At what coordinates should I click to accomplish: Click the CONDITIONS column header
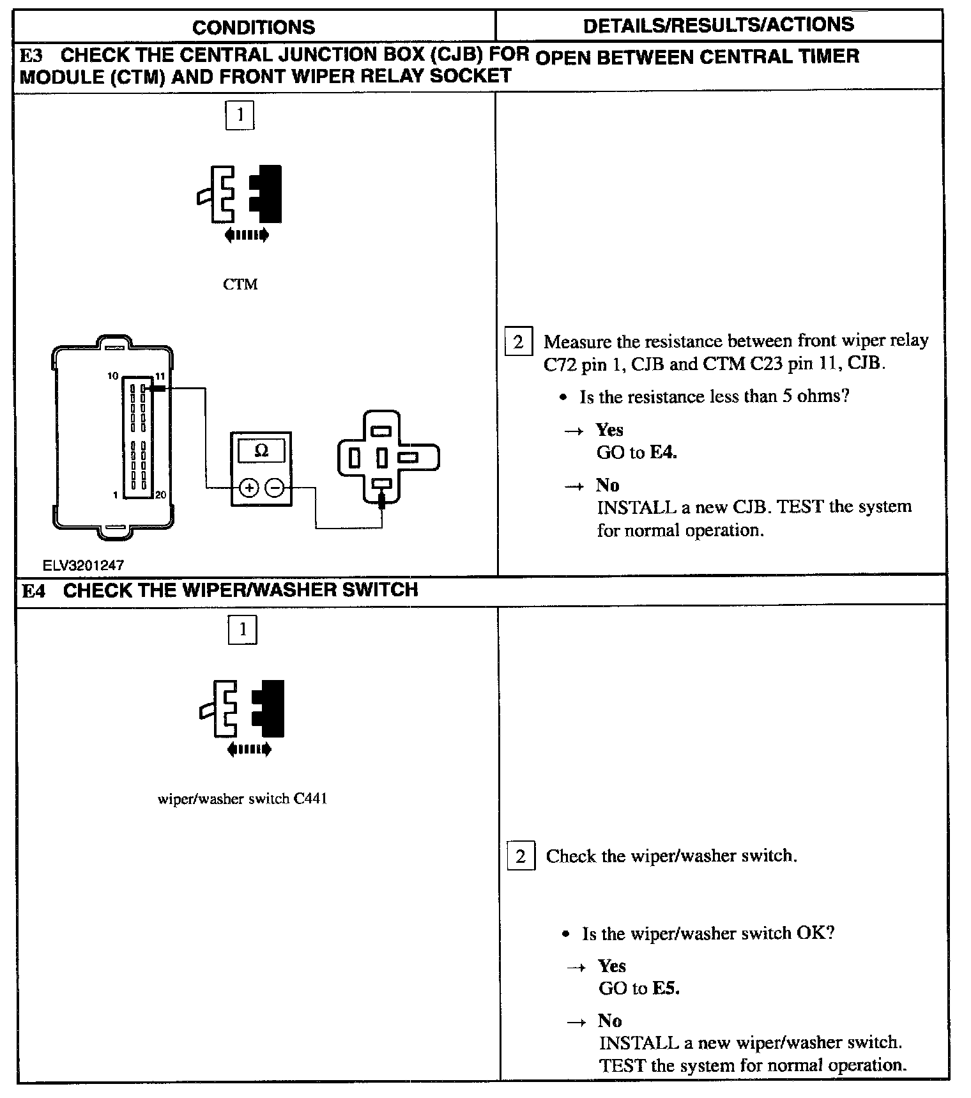(254, 27)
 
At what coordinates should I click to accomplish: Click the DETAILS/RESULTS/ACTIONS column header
(718, 25)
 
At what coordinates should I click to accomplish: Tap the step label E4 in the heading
(33, 590)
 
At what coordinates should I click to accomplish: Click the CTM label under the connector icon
(240, 284)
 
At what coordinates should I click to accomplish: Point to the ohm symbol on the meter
(261, 451)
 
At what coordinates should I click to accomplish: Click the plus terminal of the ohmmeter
(248, 488)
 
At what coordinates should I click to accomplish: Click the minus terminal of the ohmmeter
(275, 488)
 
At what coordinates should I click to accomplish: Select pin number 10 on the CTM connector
(113, 376)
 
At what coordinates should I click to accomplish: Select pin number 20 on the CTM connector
(160, 495)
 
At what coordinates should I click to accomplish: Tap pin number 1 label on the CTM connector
(115, 495)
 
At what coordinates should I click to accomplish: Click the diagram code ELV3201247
(83, 565)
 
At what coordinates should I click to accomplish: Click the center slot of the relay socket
(381, 458)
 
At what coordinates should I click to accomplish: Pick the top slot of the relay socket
(381, 431)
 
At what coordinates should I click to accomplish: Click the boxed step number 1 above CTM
(240, 115)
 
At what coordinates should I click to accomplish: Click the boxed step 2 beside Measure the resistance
(518, 342)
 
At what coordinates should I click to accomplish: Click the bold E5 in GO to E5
(666, 988)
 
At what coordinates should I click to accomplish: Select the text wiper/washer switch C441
(242, 799)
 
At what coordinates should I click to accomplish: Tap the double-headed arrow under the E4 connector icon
(248, 749)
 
